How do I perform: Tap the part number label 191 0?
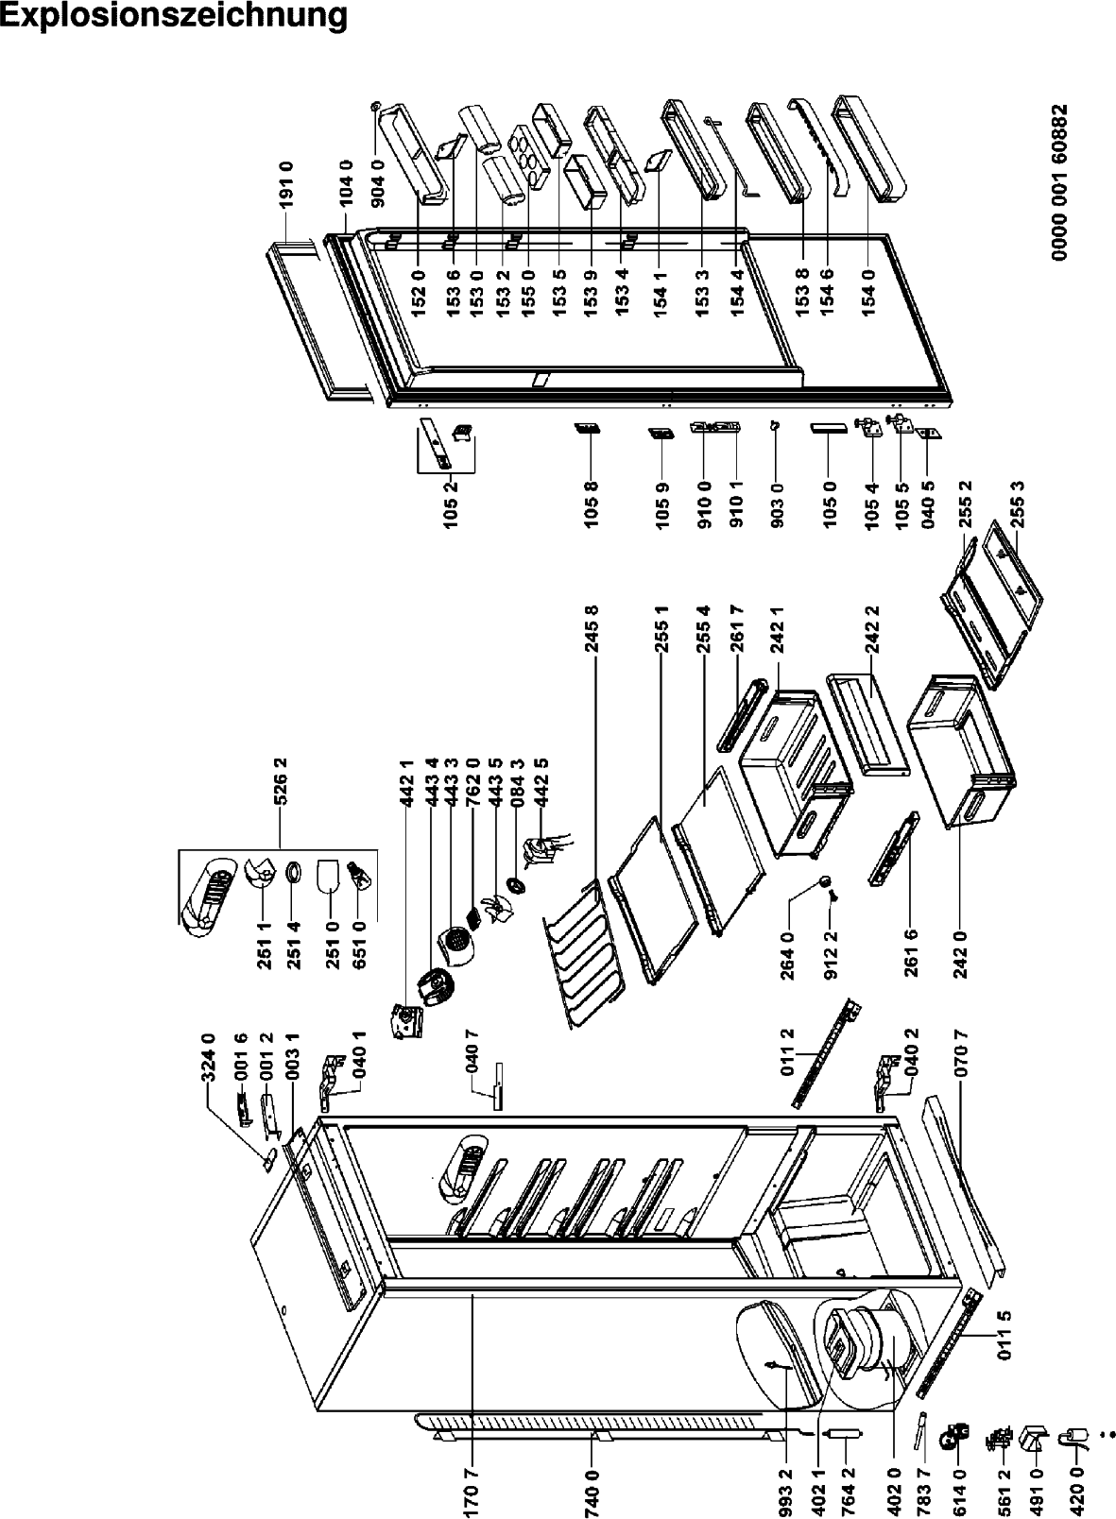tap(286, 184)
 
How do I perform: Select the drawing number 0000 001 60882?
tap(1059, 181)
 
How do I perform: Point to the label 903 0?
tap(778, 504)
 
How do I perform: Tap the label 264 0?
tap(788, 947)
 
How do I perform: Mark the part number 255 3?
tap(1019, 503)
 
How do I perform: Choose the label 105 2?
tap(453, 504)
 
